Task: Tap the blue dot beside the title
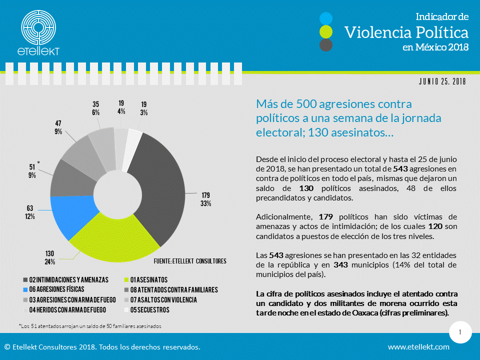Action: click(x=326, y=18)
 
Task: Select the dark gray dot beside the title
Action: click(x=326, y=45)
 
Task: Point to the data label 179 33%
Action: click(x=205, y=199)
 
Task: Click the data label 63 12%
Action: click(x=30, y=212)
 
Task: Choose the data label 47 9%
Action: click(x=58, y=127)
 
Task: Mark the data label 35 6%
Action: click(x=96, y=108)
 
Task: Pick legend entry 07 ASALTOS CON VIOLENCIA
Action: click(x=163, y=300)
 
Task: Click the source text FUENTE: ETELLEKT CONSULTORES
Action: click(x=189, y=261)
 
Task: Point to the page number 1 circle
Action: click(x=459, y=332)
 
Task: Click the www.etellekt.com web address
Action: click(x=418, y=347)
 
